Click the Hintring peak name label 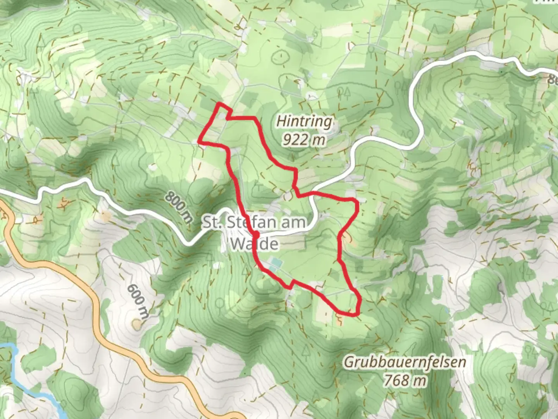[304, 121]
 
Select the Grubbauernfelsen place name [405, 362]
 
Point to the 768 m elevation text [405, 380]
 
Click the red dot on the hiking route [256, 234]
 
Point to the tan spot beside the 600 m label [136, 323]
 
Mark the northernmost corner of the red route [220, 104]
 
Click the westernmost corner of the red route [199, 141]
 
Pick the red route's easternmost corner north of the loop [356, 202]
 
